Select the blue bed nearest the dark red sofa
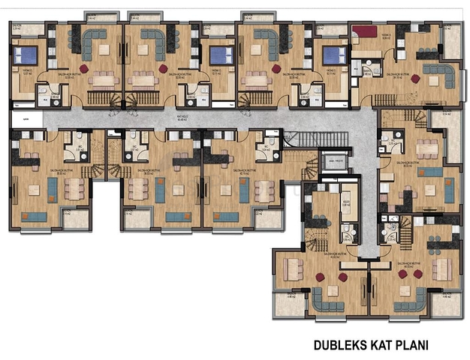click(x=330, y=55)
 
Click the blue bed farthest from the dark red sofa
click(x=25, y=55)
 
